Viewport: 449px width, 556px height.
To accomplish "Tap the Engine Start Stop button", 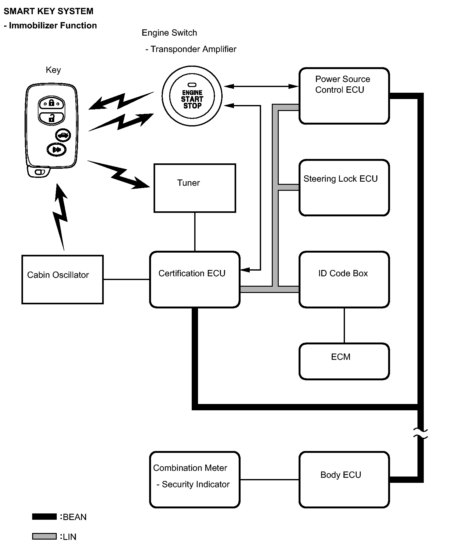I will tap(192, 96).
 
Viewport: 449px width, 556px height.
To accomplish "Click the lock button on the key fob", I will tap(51, 103).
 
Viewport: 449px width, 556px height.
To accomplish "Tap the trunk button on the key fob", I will tap(63, 135).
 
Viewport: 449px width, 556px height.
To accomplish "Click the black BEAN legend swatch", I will tap(44, 517).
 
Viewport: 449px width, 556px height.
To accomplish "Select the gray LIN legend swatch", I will tap(44, 536).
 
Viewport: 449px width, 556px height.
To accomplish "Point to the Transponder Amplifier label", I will tap(193, 49).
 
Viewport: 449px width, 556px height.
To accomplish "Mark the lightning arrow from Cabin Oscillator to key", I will tap(61, 218).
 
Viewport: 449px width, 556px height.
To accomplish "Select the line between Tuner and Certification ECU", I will tap(195, 232).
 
